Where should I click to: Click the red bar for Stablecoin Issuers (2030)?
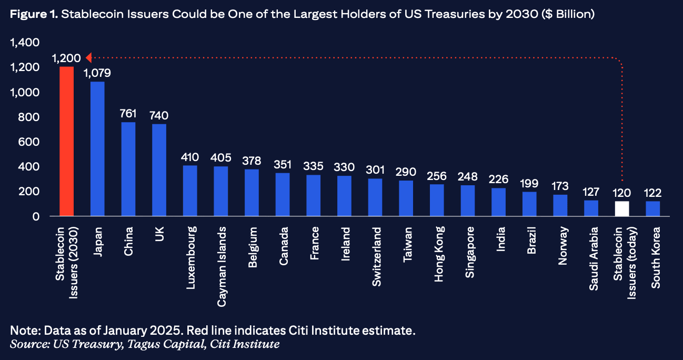point(66,141)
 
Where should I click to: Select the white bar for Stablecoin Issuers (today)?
point(622,208)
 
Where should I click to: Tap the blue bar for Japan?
point(97,149)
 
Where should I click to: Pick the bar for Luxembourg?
point(190,191)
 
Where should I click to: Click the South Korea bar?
point(652,208)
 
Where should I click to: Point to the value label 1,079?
point(97,73)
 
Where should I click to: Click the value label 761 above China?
point(128,114)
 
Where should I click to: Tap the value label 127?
point(591,192)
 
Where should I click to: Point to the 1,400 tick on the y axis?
point(25,43)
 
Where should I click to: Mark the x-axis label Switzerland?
point(376,257)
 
